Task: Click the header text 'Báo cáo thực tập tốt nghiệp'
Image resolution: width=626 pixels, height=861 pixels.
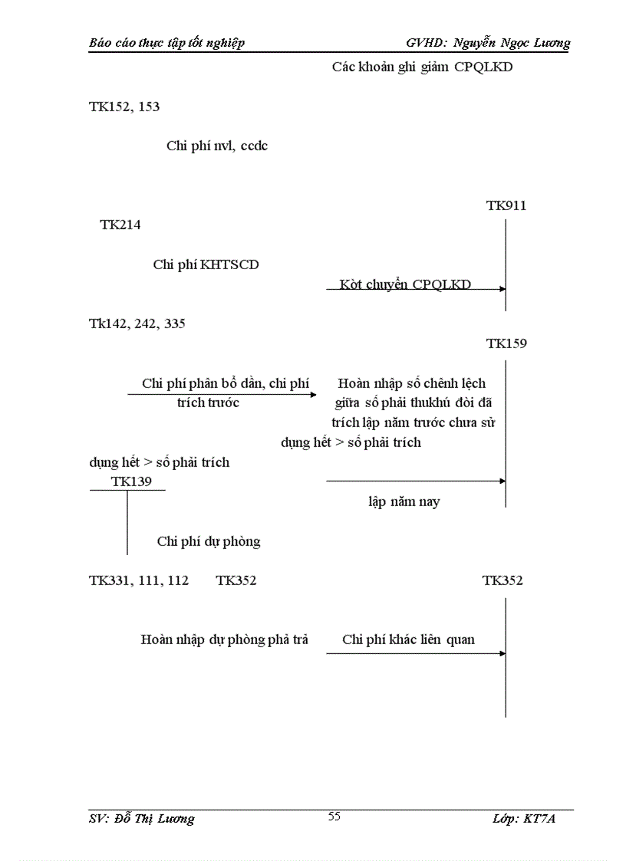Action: point(166,43)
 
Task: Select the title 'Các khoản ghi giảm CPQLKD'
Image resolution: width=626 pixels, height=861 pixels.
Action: point(422,67)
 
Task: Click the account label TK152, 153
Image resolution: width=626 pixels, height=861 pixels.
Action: point(124,107)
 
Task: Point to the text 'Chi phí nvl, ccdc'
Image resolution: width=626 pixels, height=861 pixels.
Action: point(216,146)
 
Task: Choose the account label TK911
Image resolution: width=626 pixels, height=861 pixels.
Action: point(506,205)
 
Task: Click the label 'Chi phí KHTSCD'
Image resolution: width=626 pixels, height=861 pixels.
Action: point(206,265)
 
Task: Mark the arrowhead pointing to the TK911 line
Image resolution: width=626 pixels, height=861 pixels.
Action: point(502,289)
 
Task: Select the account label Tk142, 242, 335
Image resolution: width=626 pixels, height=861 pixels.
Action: point(137,324)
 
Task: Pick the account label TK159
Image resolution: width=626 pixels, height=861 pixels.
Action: point(506,343)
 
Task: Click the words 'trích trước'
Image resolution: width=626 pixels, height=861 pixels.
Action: point(208,403)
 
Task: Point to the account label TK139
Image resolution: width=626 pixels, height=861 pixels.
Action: point(131,481)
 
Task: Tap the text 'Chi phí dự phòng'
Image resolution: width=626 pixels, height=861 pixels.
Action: point(209,541)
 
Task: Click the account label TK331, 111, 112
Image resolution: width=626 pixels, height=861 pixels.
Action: point(139,580)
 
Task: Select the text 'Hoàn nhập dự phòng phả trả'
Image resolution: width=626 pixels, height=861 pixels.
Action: point(224,639)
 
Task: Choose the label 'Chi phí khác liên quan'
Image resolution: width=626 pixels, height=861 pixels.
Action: point(408,639)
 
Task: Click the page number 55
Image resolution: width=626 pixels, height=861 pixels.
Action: point(334,817)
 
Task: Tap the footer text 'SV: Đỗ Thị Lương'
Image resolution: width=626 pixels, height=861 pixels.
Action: point(141,819)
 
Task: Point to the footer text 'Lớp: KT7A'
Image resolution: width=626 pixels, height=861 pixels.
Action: point(523,819)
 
